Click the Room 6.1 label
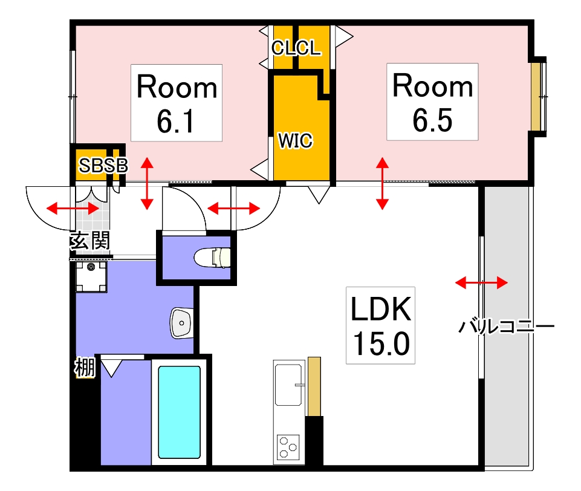pyautogui.click(x=177, y=103)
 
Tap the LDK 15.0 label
pyautogui.click(x=381, y=326)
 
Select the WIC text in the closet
pyautogui.click(x=296, y=140)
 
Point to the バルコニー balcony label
pyautogui.click(x=505, y=327)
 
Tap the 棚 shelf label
pyautogui.click(x=84, y=367)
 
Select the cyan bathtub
pyautogui.click(x=179, y=412)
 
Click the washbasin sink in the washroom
pyautogui.click(x=181, y=322)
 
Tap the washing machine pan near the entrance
pyautogui.click(x=91, y=277)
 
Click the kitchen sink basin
pyautogui.click(x=290, y=385)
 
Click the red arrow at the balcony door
pyautogui.click(x=481, y=282)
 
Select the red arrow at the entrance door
pyautogui.click(x=73, y=209)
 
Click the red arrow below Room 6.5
pyautogui.click(x=382, y=183)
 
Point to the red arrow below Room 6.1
pyautogui.click(x=146, y=183)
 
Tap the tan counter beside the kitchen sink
pyautogui.click(x=314, y=386)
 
